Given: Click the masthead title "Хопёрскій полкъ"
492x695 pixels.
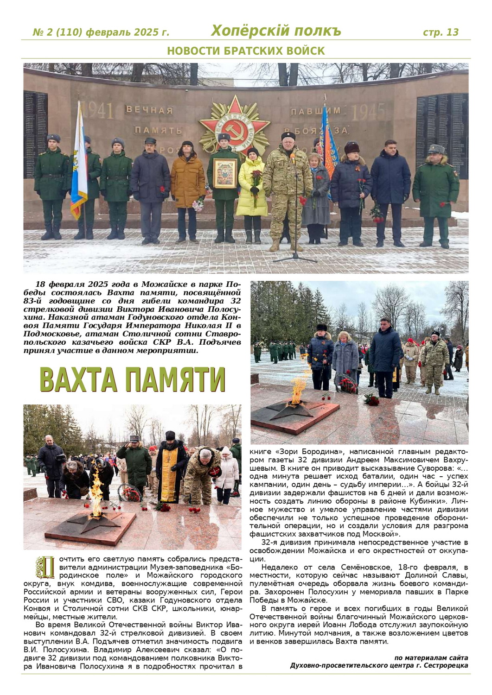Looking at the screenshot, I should click(276, 31).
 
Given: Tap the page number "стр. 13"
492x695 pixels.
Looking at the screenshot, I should click(441, 32).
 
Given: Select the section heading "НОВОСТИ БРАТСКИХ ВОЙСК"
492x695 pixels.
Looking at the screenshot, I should click(246, 51).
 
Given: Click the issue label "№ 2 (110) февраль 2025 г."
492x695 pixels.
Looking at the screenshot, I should click(101, 32).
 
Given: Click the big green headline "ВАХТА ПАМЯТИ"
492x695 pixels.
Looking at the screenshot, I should click(133, 380).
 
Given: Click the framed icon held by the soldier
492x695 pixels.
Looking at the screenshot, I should click(225, 173).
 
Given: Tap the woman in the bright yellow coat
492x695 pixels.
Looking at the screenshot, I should click(251, 185).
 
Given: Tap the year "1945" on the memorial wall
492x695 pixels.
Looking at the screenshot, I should click(369, 112).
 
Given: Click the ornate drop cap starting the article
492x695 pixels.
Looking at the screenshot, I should click(45, 567).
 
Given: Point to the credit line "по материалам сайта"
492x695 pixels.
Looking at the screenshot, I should click(431, 657).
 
